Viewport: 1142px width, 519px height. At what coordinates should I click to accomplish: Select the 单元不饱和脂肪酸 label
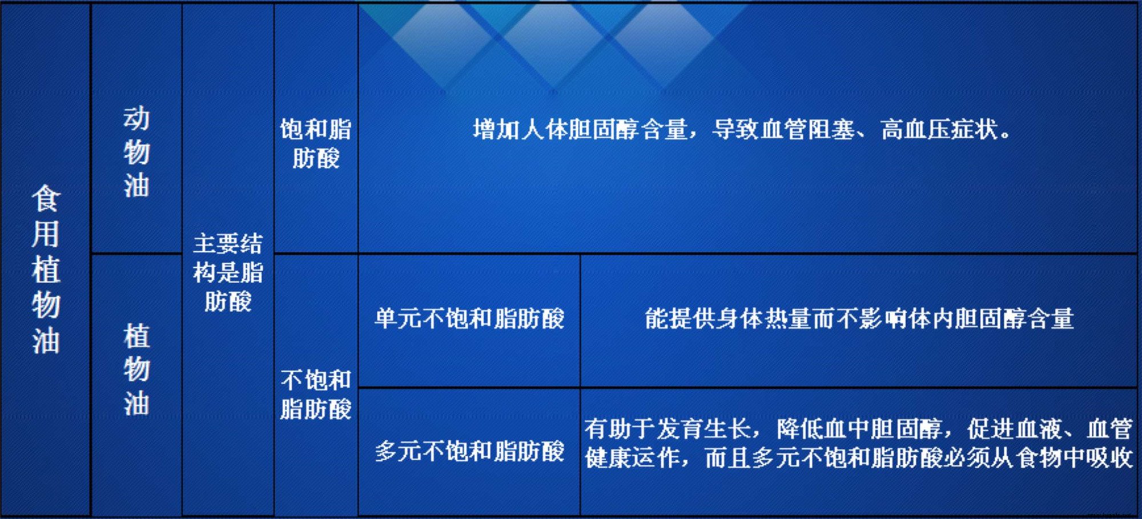tap(469, 319)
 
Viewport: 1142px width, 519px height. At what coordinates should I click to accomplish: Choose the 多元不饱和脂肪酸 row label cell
tap(469, 451)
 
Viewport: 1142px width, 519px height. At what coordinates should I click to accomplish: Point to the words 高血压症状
tap(939, 130)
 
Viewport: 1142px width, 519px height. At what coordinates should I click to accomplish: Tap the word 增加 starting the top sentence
tap(497, 130)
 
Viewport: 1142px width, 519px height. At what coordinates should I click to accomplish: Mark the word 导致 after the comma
tap(735, 130)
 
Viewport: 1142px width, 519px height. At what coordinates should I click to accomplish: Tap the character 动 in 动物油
tap(136, 118)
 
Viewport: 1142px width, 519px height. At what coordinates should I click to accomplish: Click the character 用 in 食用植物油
tap(46, 234)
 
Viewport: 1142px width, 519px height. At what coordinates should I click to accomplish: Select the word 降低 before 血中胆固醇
tap(800, 428)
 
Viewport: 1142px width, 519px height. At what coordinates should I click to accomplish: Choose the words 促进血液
tap(1015, 428)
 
